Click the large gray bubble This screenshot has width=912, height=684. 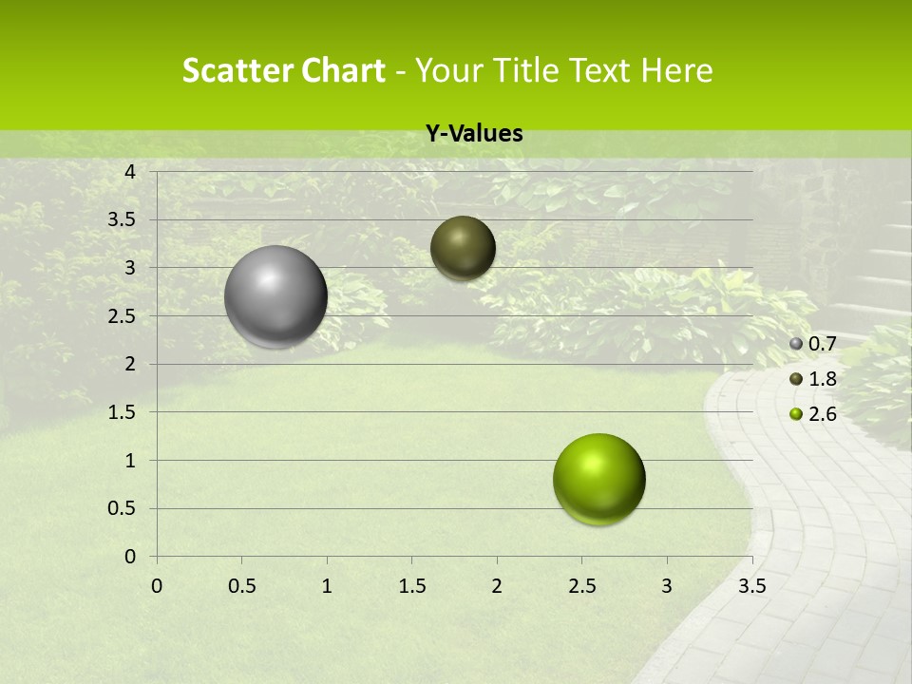coord(276,296)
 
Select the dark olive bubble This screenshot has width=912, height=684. coord(463,248)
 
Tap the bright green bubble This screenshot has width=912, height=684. coord(599,479)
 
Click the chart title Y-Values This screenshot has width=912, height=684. coord(474,134)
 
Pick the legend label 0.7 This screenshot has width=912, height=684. coord(822,344)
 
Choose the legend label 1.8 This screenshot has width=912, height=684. coord(822,379)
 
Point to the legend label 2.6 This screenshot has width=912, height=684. coord(822,414)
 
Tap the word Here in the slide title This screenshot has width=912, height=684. coord(676,70)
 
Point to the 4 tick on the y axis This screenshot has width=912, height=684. coord(130,172)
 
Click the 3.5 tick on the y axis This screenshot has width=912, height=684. coord(123,220)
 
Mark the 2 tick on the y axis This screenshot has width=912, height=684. coord(130,364)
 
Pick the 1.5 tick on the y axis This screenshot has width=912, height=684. coord(123,412)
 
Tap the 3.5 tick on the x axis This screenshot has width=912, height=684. coord(751,586)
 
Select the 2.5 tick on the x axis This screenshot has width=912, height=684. coord(581,586)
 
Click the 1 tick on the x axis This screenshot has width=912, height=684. coord(327,586)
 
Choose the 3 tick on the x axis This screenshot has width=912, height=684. coord(667,586)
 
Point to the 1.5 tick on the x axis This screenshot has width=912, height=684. coord(411,586)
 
